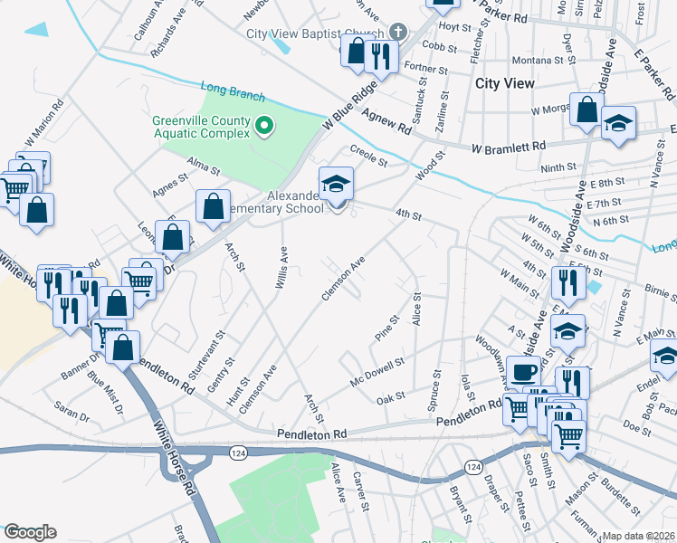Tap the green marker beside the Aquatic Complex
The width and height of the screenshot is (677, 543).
coord(264,125)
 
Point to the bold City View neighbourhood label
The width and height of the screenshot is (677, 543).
coord(504,83)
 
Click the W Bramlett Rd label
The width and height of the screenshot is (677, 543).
coord(508,146)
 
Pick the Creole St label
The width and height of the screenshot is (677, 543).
coord(367,156)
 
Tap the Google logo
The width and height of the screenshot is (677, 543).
coord(29,532)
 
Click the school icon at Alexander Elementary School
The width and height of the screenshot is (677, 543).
coord(336,184)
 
